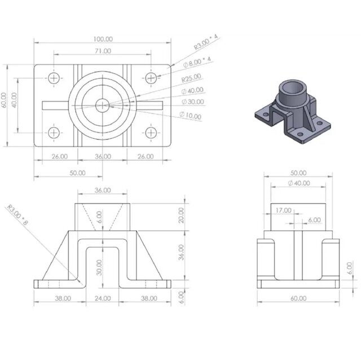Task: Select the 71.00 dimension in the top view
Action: (102, 51)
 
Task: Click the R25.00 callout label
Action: (191, 78)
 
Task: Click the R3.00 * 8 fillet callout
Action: (18, 214)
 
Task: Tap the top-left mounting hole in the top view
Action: (54, 77)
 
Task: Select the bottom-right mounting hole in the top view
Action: (151, 133)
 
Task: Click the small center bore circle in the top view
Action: (102, 104)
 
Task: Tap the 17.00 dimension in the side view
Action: (284, 210)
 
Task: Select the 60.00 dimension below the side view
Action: (298, 298)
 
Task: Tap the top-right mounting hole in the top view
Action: (151, 77)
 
